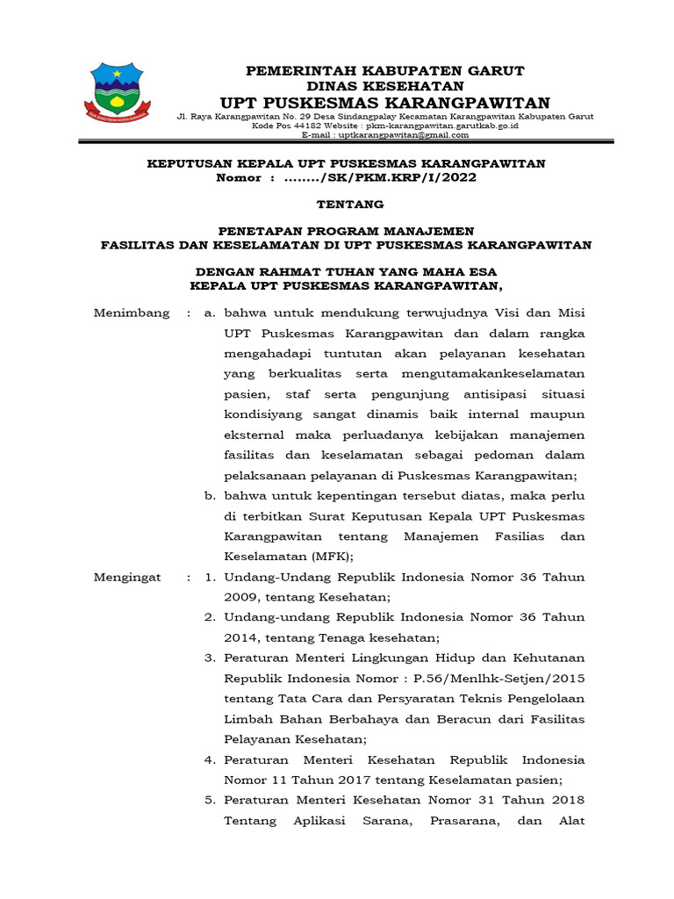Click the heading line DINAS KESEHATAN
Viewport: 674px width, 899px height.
[x=384, y=86]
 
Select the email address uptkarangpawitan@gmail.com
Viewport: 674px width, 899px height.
[x=398, y=135]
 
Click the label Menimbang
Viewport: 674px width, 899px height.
[x=131, y=313]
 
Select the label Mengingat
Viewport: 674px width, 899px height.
[x=128, y=577]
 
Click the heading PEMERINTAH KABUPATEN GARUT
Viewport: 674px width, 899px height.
[x=384, y=70]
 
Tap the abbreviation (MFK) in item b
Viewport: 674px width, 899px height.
[x=332, y=556]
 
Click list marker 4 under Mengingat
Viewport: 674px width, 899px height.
[x=211, y=759]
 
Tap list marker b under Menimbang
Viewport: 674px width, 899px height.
[x=211, y=495]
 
